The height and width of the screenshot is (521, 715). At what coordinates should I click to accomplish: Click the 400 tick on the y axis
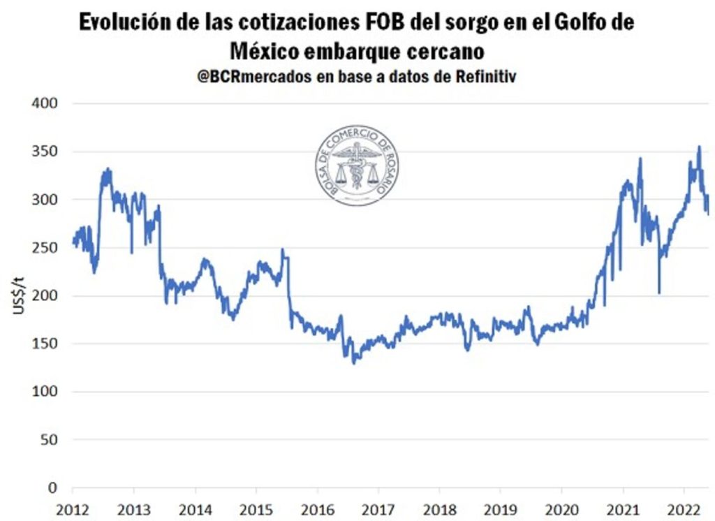pos(45,103)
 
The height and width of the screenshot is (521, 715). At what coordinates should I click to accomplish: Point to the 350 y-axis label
pos(45,152)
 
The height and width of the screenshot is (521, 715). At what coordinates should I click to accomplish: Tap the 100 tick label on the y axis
pos(45,391)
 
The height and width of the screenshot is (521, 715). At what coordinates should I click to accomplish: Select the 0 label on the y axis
pos(53,487)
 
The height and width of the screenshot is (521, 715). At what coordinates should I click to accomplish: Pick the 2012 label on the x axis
pos(73,510)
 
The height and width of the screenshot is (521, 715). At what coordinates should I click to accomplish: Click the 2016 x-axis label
pos(318,510)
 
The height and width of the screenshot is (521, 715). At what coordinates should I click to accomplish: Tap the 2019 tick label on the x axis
pos(500,510)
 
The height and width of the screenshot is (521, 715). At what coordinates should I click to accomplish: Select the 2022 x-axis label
pos(684,510)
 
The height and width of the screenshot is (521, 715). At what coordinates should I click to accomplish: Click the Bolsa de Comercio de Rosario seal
pos(357,166)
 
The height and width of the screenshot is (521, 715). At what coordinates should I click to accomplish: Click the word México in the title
pos(264,51)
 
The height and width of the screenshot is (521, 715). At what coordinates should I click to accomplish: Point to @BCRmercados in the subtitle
pos(254,76)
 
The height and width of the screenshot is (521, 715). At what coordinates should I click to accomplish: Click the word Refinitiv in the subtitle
pos(486,76)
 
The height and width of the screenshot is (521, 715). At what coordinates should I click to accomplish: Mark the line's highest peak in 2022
pos(700,147)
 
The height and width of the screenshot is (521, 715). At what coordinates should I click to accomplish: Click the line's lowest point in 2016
pos(353,363)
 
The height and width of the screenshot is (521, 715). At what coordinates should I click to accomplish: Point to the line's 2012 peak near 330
pos(108,169)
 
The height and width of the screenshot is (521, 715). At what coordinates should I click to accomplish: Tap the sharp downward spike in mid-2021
pos(659,293)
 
